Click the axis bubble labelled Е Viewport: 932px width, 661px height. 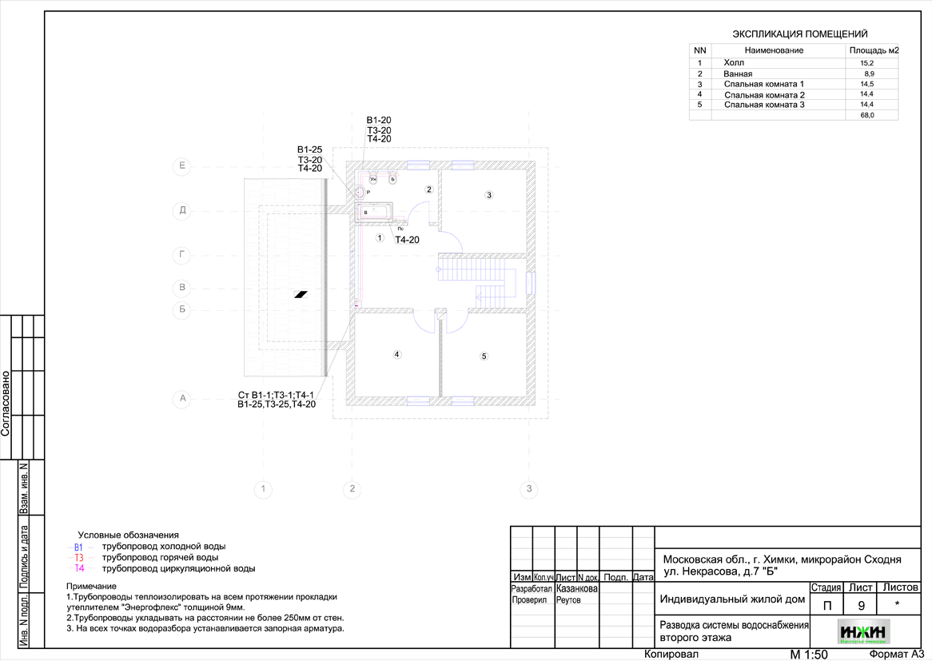(x=183, y=167)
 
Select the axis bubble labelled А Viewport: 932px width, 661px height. (x=183, y=398)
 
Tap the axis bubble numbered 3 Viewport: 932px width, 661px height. (x=528, y=488)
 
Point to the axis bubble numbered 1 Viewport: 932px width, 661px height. (x=263, y=488)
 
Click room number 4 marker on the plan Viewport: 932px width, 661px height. (x=396, y=354)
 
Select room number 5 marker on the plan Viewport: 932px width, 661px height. (x=483, y=356)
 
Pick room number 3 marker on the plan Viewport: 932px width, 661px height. (x=489, y=194)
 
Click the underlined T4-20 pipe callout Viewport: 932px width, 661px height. (x=407, y=240)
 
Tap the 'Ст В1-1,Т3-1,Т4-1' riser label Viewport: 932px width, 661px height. (x=277, y=395)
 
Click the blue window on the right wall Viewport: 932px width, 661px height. (x=531, y=284)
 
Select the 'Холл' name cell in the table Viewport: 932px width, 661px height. (x=733, y=62)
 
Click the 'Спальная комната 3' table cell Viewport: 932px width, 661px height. (x=763, y=105)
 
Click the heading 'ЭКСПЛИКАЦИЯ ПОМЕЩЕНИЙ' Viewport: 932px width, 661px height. (x=800, y=34)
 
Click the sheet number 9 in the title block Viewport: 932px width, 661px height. (x=861, y=605)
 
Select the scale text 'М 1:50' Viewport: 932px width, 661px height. (x=808, y=655)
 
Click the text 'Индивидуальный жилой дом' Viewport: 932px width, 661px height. (x=731, y=599)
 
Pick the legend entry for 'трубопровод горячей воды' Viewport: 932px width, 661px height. (x=160, y=557)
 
